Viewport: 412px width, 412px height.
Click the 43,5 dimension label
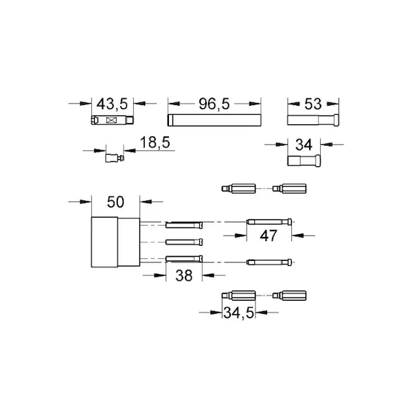pos(112,104)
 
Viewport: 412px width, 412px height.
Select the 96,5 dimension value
pos(214,104)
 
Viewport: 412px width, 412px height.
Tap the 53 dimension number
pos(313,104)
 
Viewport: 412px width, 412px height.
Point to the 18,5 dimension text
pos(155,142)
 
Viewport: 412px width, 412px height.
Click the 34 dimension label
pos(304,144)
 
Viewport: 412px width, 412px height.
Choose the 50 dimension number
pos(115,202)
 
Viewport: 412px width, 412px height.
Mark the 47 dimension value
pos(268,236)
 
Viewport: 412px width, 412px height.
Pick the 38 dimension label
pos(184,275)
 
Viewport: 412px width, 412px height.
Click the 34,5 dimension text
pos(239,312)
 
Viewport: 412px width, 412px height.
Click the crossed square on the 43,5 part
pos(111,120)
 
